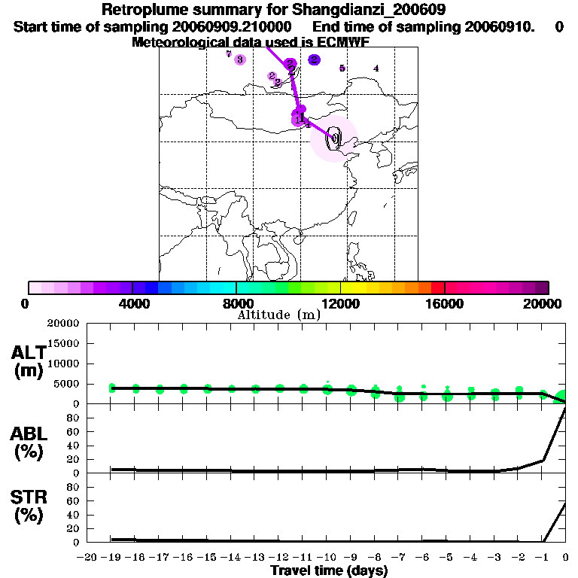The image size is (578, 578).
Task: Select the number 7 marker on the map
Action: (228, 54)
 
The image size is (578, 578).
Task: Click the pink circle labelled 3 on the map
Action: (240, 59)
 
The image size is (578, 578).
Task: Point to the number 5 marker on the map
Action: (342, 68)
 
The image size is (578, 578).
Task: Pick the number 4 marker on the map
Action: (376, 68)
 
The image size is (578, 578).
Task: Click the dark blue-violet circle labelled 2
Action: (315, 59)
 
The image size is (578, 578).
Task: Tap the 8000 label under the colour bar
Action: (236, 303)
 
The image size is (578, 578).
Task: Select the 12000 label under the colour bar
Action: (340, 303)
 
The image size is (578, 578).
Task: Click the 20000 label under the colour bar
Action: (548, 303)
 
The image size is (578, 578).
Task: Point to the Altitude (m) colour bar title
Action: (278, 315)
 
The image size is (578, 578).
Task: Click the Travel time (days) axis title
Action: (329, 570)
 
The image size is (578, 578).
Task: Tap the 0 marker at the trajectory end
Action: (333, 138)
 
